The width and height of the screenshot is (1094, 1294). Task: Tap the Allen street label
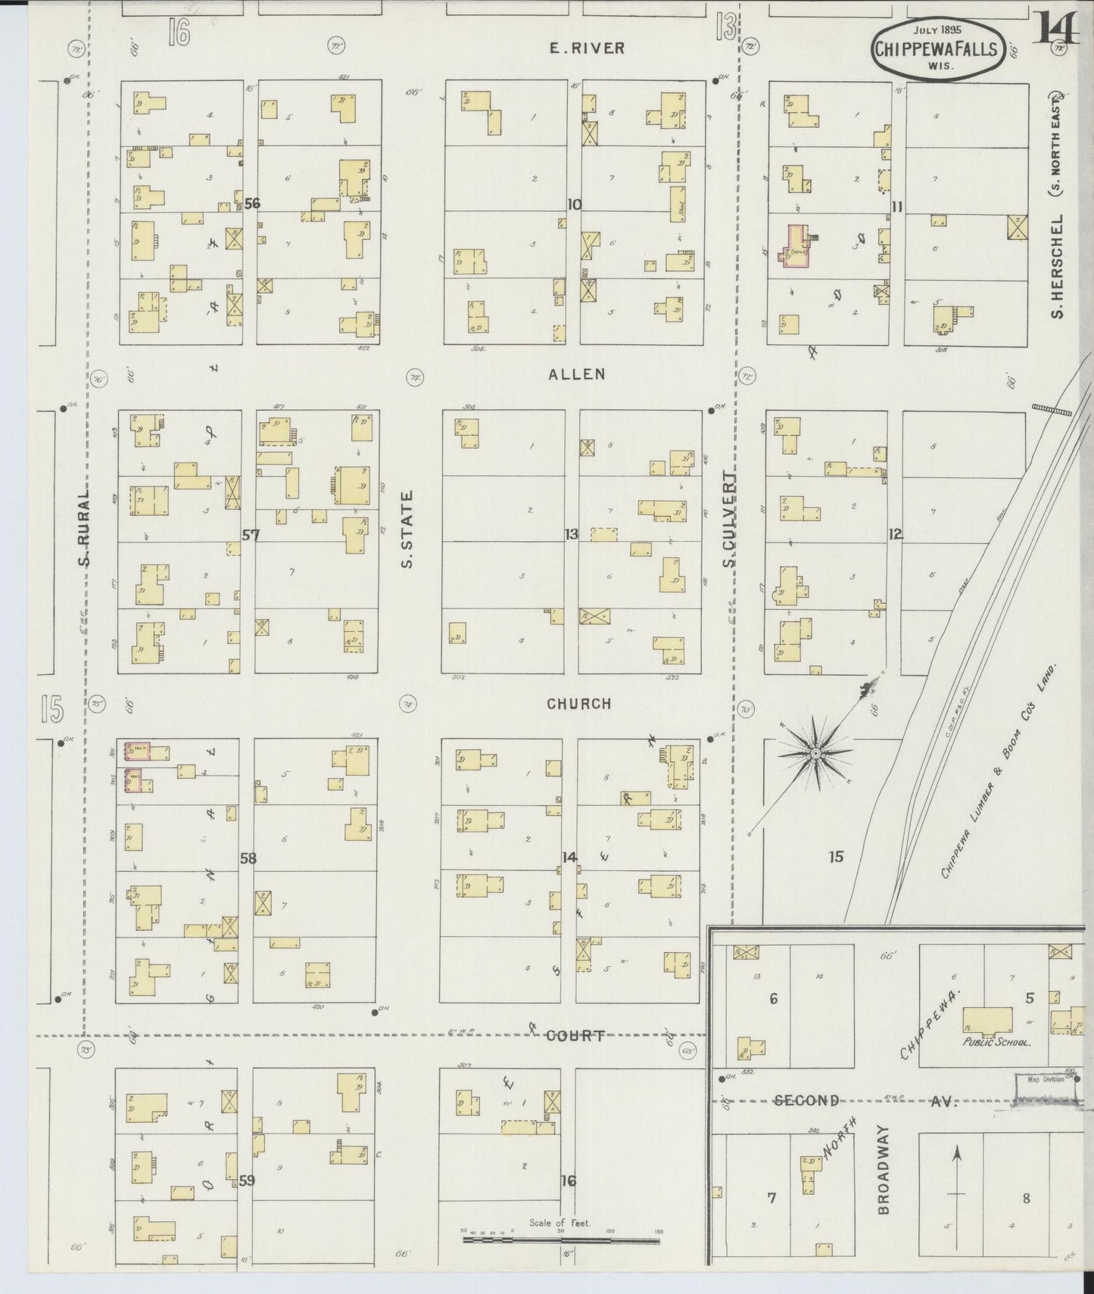[577, 374]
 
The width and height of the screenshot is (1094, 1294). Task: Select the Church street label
[578, 704]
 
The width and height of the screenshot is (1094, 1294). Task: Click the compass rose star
[815, 753]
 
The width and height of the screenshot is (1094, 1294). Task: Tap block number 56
[252, 204]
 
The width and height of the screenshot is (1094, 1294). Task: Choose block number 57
[251, 535]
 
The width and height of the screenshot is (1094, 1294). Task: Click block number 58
[248, 858]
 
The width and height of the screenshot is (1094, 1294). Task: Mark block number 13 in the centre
[572, 534]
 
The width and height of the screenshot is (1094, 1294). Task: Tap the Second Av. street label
[807, 1100]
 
